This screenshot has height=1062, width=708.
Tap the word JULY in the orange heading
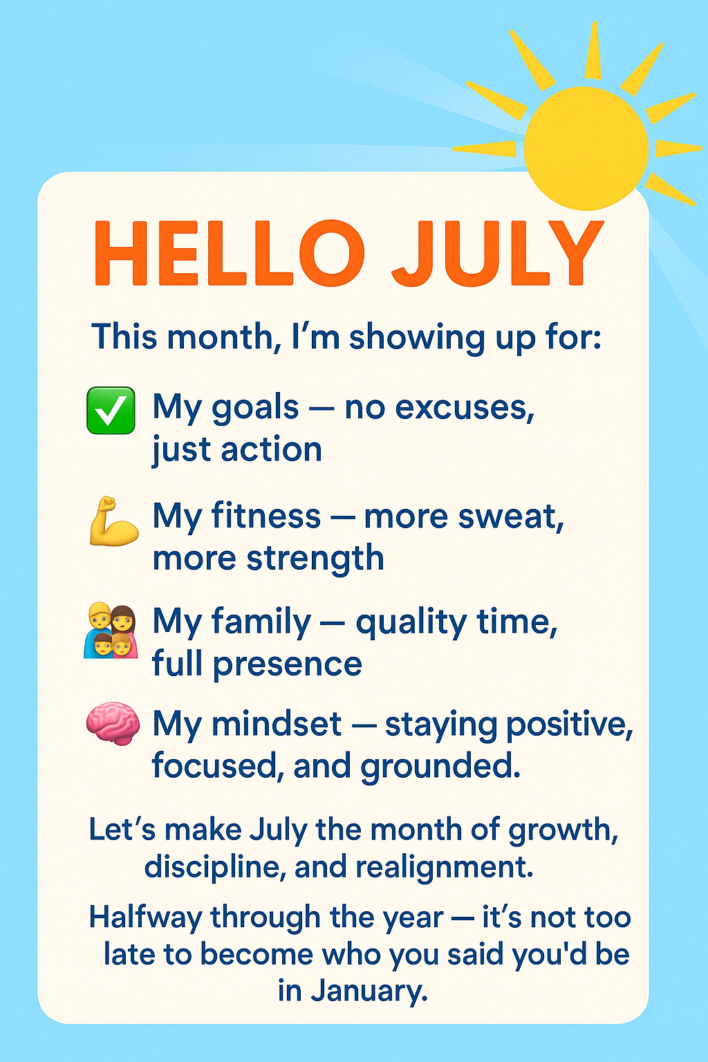point(498,253)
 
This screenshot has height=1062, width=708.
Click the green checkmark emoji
point(111,411)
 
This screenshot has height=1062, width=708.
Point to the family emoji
point(111,631)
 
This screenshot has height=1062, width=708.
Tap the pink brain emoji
point(113,724)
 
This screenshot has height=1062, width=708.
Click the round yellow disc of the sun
point(586,149)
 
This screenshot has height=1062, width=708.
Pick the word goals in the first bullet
point(255,409)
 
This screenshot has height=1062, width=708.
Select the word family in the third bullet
point(261,623)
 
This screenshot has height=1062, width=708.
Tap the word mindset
point(277,724)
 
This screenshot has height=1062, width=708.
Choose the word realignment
point(445,866)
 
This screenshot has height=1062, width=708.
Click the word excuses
point(465,409)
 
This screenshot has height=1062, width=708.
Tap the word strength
point(315,559)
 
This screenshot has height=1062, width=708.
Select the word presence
point(288,664)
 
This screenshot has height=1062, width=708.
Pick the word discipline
point(215,866)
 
